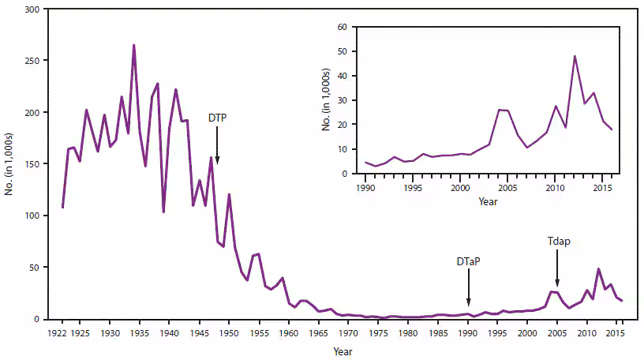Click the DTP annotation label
[x=218, y=117]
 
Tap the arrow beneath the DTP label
[x=218, y=146]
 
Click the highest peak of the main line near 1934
[x=133, y=46]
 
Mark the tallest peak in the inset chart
[x=575, y=56]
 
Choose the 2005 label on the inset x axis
[x=507, y=187]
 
